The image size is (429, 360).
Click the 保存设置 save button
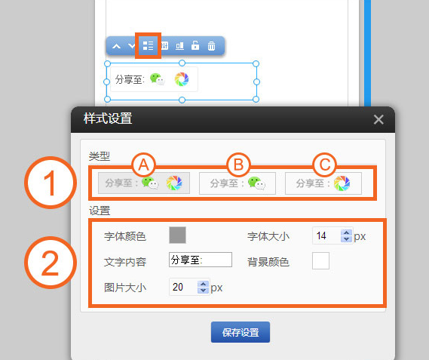(x=241, y=332)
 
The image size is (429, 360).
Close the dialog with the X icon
(x=378, y=119)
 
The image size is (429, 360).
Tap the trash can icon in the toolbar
(x=211, y=46)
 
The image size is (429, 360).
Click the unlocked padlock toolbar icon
(x=195, y=45)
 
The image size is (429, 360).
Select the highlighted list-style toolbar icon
(x=148, y=46)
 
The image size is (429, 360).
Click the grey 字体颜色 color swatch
(x=178, y=235)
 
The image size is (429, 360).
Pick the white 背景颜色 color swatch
(x=320, y=261)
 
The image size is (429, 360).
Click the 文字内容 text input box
(x=201, y=260)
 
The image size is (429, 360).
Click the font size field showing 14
(x=326, y=235)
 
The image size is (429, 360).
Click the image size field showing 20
(x=183, y=287)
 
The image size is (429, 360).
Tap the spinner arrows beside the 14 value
(x=346, y=236)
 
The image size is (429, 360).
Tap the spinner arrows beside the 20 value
(x=203, y=287)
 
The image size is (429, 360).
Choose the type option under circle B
(x=237, y=183)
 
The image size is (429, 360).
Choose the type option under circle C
(x=323, y=183)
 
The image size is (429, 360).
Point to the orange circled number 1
(x=51, y=183)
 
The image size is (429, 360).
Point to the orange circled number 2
(x=51, y=263)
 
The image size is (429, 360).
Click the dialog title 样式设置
(x=108, y=118)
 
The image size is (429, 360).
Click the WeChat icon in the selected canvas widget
(x=158, y=79)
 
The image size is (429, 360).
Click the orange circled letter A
(x=144, y=165)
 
